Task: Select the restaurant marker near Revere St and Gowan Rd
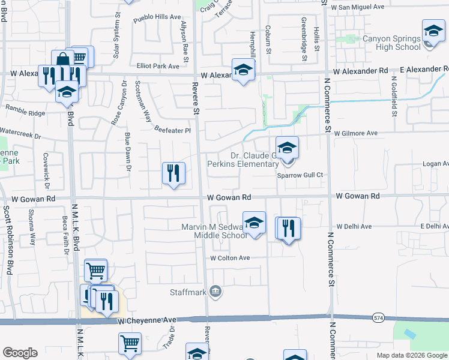pos(172,174)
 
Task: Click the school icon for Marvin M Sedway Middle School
pos(255,223)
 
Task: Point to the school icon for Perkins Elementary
pos(287,148)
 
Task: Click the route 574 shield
pos(378,317)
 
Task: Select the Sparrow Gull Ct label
pos(300,175)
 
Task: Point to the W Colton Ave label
pos(229,258)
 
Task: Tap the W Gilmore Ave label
pos(356,133)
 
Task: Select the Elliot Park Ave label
pos(158,66)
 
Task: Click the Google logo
pos(20,353)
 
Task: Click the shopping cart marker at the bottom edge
pos(130,344)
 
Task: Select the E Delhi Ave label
pos(434,226)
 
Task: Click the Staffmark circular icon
pos(216,292)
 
